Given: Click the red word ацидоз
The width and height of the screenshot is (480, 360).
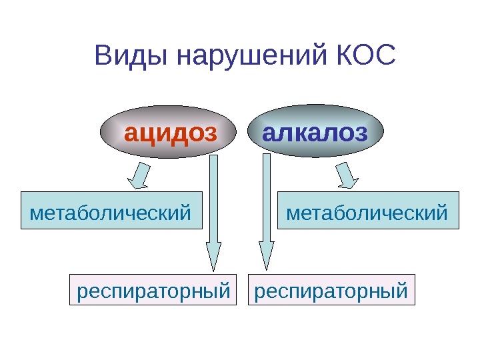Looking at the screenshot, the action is point(171,134).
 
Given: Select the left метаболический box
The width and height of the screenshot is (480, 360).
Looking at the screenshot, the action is point(111,211).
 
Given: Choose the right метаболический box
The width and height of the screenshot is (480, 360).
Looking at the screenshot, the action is point(368,211).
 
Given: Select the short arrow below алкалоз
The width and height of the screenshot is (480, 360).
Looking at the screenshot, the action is point(347,175).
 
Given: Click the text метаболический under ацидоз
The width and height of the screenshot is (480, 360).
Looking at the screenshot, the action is point(111,213).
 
